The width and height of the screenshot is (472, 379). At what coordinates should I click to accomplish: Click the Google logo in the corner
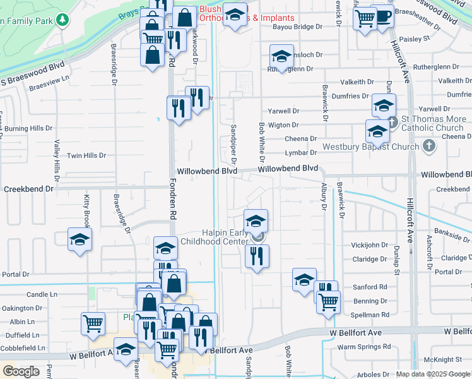(x=21, y=371)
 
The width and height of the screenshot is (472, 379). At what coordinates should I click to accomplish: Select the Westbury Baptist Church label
(x=370, y=147)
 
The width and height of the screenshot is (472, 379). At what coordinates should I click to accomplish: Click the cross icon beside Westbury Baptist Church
(x=429, y=147)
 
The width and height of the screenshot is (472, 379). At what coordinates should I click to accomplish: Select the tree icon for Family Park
(x=62, y=20)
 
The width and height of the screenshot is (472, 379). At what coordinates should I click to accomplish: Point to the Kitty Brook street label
(x=87, y=210)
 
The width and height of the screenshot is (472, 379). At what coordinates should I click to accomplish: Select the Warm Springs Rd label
(x=364, y=347)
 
